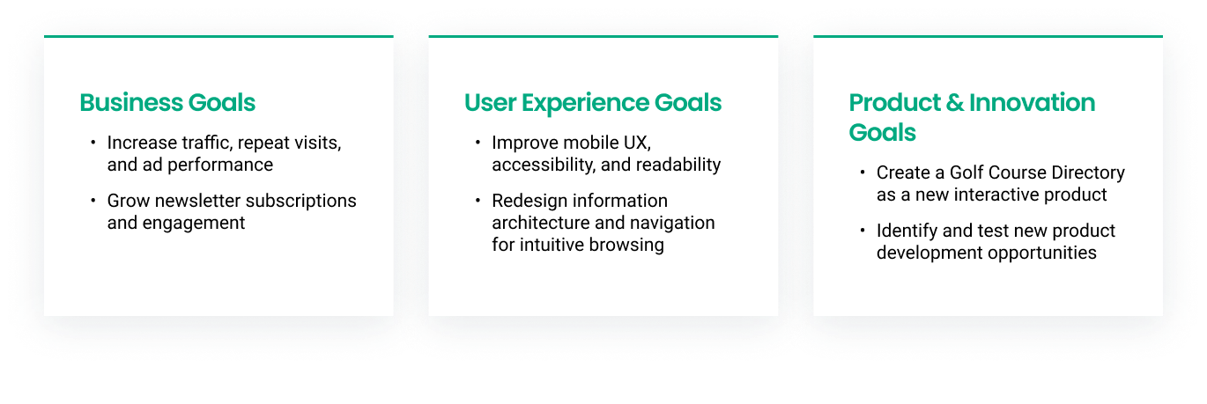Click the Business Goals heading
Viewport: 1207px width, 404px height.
[167, 103]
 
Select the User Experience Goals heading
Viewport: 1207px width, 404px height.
[593, 103]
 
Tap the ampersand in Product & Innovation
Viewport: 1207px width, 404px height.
[955, 102]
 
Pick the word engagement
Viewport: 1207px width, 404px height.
[194, 224]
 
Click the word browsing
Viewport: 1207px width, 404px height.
[626, 245]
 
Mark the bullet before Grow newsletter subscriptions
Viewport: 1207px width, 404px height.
[93, 201]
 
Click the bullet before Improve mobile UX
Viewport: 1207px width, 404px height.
[478, 143]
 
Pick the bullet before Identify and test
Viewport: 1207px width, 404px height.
[863, 230]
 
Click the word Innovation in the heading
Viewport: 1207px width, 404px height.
[1033, 102]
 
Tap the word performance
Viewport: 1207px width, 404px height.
[220, 165]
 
